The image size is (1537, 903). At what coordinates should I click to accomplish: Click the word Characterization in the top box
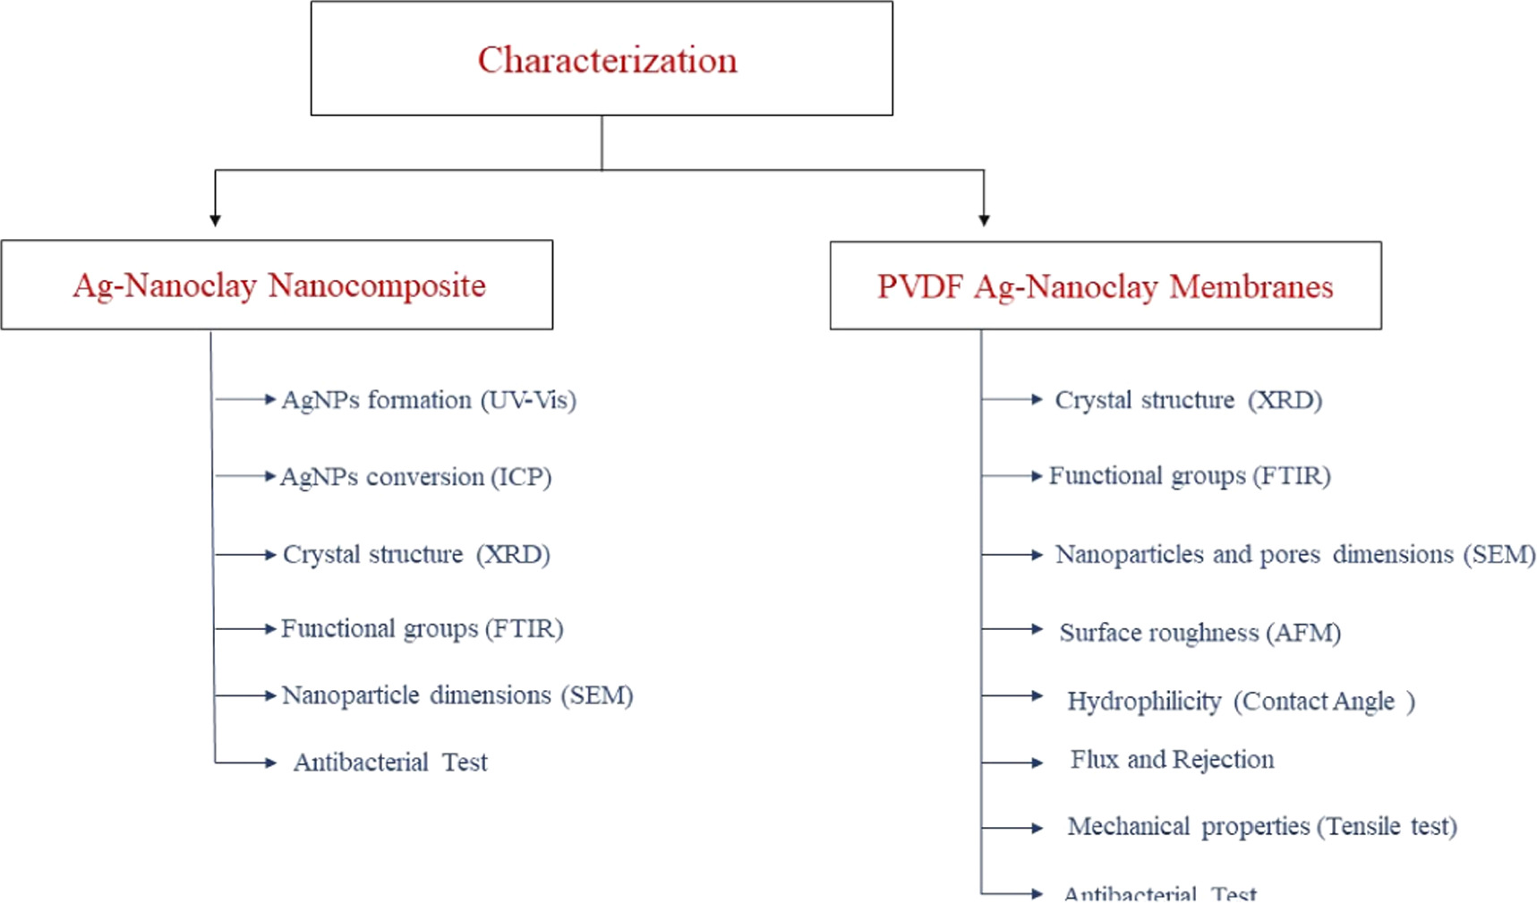click(607, 60)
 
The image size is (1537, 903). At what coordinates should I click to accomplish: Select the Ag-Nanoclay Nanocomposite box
click(277, 285)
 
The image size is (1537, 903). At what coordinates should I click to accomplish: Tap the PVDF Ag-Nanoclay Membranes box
click(1106, 285)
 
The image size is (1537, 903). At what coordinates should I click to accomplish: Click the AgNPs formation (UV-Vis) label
click(429, 399)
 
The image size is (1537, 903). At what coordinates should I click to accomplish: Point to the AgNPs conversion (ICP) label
click(415, 476)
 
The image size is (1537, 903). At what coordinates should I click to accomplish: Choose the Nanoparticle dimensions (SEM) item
click(457, 695)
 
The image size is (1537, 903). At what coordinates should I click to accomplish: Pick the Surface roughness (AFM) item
click(1200, 633)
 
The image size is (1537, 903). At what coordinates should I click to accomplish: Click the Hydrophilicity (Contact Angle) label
click(1241, 701)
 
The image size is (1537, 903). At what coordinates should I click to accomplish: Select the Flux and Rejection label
click(1172, 760)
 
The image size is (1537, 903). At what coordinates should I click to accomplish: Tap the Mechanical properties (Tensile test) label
click(1262, 826)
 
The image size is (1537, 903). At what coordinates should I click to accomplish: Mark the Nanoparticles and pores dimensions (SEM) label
click(1295, 555)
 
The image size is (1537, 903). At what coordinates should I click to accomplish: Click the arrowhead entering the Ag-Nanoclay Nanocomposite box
click(215, 220)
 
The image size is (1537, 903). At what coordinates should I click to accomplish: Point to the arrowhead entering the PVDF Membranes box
click(984, 220)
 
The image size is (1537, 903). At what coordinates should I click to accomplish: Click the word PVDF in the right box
click(920, 286)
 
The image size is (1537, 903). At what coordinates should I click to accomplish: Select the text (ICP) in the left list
click(521, 476)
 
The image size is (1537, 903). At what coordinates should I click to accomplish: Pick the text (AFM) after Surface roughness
click(1302, 633)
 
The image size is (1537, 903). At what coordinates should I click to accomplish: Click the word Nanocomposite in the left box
click(377, 285)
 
